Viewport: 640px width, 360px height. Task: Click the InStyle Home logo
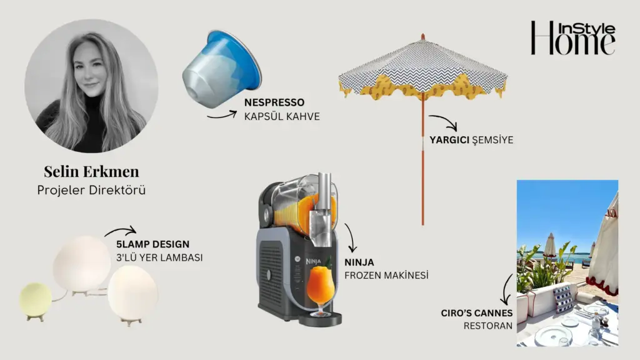coord(573,38)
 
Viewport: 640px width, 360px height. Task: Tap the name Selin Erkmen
coord(91,171)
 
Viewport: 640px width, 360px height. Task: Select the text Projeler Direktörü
coord(91,190)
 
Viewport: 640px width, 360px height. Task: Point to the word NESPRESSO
coord(274,102)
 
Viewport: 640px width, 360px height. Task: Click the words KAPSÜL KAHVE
coord(282,116)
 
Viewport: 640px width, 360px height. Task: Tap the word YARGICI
coord(449,140)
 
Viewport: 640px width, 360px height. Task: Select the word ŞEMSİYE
coord(492,139)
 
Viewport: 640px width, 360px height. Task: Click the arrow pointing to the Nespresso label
coord(222,115)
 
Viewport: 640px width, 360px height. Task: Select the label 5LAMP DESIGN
coord(152,244)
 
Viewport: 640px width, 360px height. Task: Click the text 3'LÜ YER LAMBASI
coord(159,258)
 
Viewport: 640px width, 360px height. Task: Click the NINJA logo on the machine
coord(314,261)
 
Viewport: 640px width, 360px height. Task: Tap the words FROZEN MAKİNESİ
coord(386,276)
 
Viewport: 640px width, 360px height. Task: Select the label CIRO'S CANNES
coord(476,313)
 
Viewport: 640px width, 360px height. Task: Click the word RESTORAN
coord(487,326)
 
